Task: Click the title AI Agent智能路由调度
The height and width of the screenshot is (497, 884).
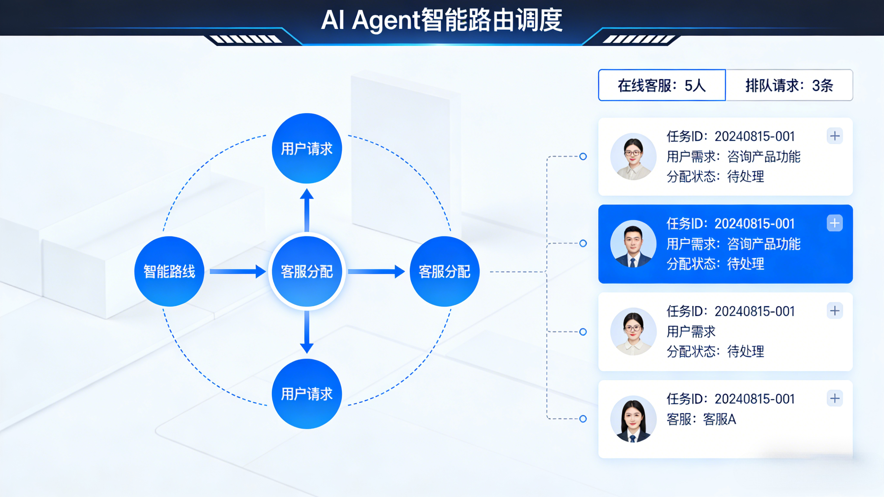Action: (441, 20)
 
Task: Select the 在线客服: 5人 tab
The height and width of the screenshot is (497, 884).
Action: (662, 85)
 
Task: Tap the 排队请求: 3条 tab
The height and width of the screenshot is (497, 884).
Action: (789, 85)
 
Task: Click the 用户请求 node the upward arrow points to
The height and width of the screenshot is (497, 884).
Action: (307, 148)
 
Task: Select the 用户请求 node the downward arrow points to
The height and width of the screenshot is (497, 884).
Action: (307, 394)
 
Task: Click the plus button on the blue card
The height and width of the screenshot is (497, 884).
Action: (834, 223)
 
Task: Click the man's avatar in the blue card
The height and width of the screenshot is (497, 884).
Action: (633, 244)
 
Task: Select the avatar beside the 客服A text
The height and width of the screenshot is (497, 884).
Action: (633, 419)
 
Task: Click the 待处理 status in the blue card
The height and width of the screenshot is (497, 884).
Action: (745, 264)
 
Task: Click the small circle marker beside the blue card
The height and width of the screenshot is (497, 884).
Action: (583, 243)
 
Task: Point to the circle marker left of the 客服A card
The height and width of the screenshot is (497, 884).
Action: (583, 419)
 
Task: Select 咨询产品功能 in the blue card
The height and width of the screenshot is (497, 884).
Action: (764, 244)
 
